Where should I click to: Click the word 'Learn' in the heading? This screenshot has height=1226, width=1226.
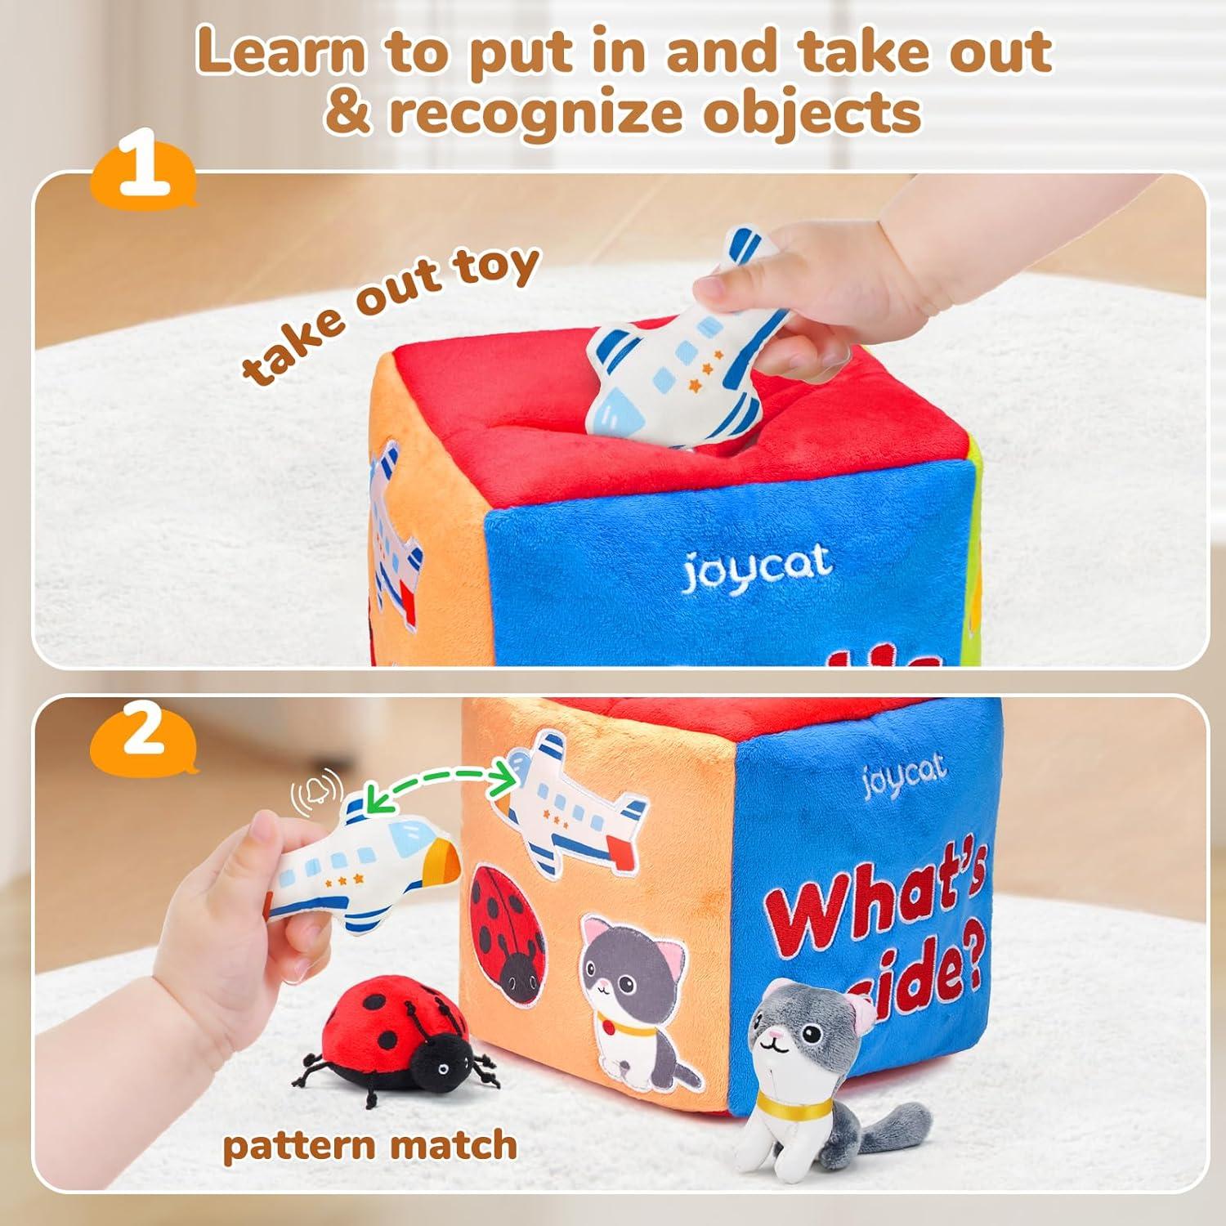(x=280, y=51)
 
